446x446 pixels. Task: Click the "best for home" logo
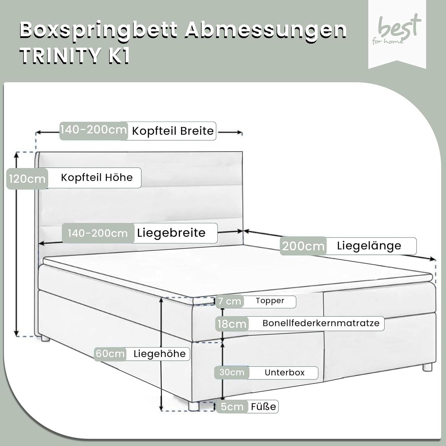pyautogui.click(x=397, y=30)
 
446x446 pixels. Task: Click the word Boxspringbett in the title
pyautogui.click(x=99, y=31)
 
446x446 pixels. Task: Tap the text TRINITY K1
pyautogui.click(x=75, y=56)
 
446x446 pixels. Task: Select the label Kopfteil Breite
pyautogui.click(x=173, y=131)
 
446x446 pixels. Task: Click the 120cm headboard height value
pyautogui.click(x=27, y=179)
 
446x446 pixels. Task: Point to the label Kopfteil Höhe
pyautogui.click(x=97, y=178)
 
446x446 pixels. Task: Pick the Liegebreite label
pyautogui.click(x=171, y=233)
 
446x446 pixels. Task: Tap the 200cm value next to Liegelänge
pyautogui.click(x=303, y=246)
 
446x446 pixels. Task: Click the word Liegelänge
pyautogui.click(x=369, y=246)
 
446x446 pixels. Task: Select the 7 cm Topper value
pyautogui.click(x=230, y=301)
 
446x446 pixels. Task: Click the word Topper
pyautogui.click(x=270, y=301)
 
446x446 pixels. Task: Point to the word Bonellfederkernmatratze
pyautogui.click(x=321, y=323)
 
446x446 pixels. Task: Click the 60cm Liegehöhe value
pyautogui.click(x=110, y=354)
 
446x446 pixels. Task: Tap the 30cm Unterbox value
pyautogui.click(x=232, y=372)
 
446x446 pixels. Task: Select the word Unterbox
pyautogui.click(x=285, y=373)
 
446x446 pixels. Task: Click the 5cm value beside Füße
pyautogui.click(x=232, y=406)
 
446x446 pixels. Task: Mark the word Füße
pyautogui.click(x=263, y=406)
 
